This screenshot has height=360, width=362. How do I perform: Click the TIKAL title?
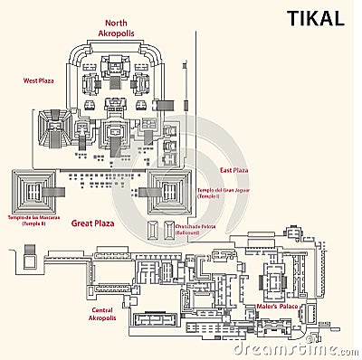[x=315, y=18]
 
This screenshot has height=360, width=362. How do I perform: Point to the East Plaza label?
[x=233, y=169]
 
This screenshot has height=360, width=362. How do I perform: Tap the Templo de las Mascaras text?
[x=33, y=217]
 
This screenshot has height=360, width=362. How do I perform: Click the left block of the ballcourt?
[x=151, y=230]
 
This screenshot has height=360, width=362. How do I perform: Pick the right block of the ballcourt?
[x=168, y=230]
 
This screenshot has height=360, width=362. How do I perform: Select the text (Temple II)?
[x=33, y=223]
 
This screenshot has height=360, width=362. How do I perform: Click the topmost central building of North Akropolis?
[x=116, y=65]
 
